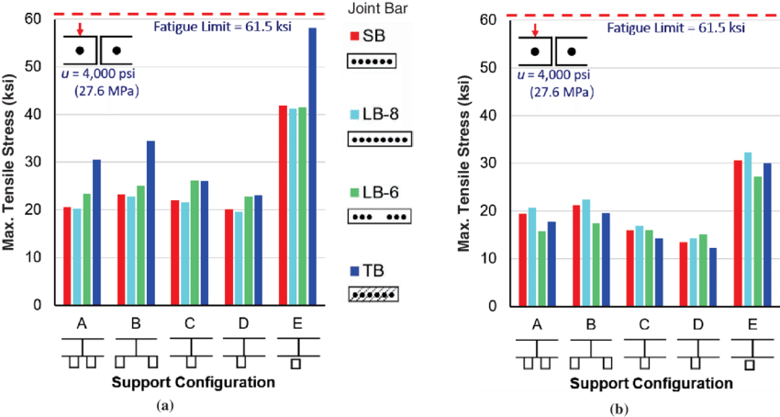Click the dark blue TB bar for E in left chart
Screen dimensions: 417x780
pos(312,166)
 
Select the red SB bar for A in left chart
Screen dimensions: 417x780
pos(67,256)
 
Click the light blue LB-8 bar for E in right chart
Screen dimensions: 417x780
pos(746,229)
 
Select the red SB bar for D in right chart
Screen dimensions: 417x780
pos(682,274)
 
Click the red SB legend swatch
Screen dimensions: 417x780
pos(353,36)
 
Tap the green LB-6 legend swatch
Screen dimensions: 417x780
pos(353,194)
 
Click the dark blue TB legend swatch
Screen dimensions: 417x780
pos(353,271)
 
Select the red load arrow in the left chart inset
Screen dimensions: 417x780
pos(80,31)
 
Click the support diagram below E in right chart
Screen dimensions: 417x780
pos(750,354)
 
